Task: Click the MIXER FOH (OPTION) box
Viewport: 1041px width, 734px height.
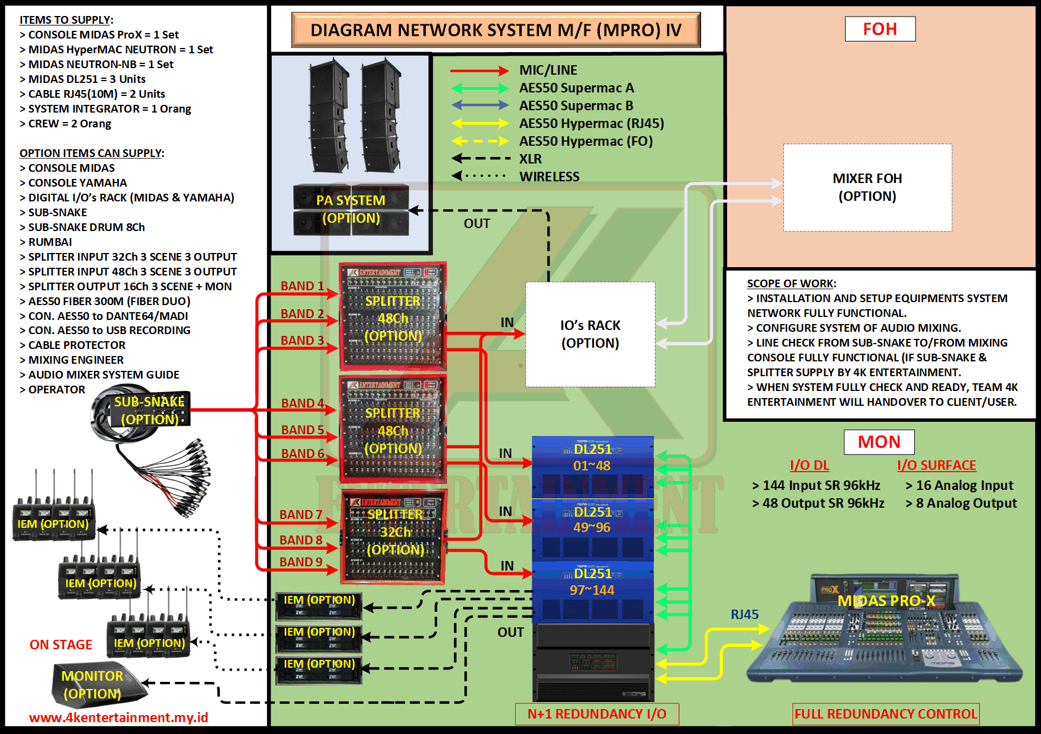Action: pyautogui.click(x=867, y=187)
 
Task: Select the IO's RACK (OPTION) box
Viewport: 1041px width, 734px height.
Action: pyautogui.click(x=590, y=334)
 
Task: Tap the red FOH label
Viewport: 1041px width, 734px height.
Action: pyautogui.click(x=879, y=29)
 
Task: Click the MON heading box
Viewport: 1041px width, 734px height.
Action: pyautogui.click(x=879, y=442)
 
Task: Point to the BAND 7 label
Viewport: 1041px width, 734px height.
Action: pyautogui.click(x=301, y=515)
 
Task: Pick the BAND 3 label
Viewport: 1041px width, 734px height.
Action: pyautogui.click(x=302, y=341)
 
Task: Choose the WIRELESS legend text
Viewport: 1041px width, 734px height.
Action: pyautogui.click(x=549, y=177)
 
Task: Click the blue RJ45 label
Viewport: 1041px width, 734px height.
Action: pyautogui.click(x=744, y=614)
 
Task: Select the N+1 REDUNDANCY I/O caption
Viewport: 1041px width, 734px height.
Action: pyautogui.click(x=597, y=714)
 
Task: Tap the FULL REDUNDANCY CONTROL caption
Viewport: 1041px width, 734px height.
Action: pyautogui.click(x=885, y=714)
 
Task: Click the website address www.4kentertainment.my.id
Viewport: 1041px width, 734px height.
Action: pyautogui.click(x=118, y=717)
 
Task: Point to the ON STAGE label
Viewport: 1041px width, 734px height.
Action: pyautogui.click(x=61, y=645)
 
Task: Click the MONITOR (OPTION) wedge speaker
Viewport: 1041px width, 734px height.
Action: pyautogui.click(x=95, y=685)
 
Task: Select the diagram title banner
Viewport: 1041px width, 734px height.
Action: pyautogui.click(x=496, y=30)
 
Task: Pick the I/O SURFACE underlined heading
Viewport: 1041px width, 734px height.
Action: pyautogui.click(x=936, y=466)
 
